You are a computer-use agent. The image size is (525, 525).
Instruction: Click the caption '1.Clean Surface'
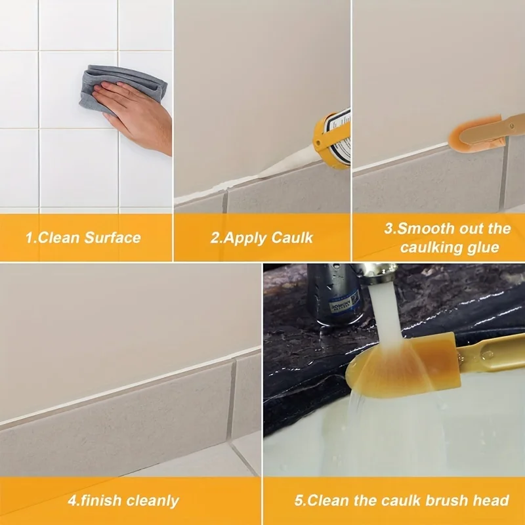(x=83, y=238)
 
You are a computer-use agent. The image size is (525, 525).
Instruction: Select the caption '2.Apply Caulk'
(x=262, y=238)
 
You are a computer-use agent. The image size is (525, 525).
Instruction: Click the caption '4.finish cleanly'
(x=123, y=501)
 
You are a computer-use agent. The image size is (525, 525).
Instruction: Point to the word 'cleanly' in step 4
(x=152, y=501)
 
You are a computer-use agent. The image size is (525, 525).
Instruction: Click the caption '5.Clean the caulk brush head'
(x=401, y=501)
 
